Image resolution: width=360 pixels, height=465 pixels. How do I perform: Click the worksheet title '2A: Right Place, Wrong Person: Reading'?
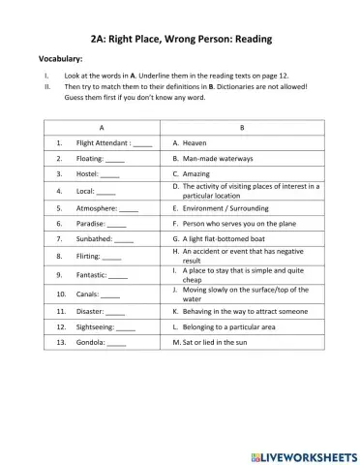pos(180,39)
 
